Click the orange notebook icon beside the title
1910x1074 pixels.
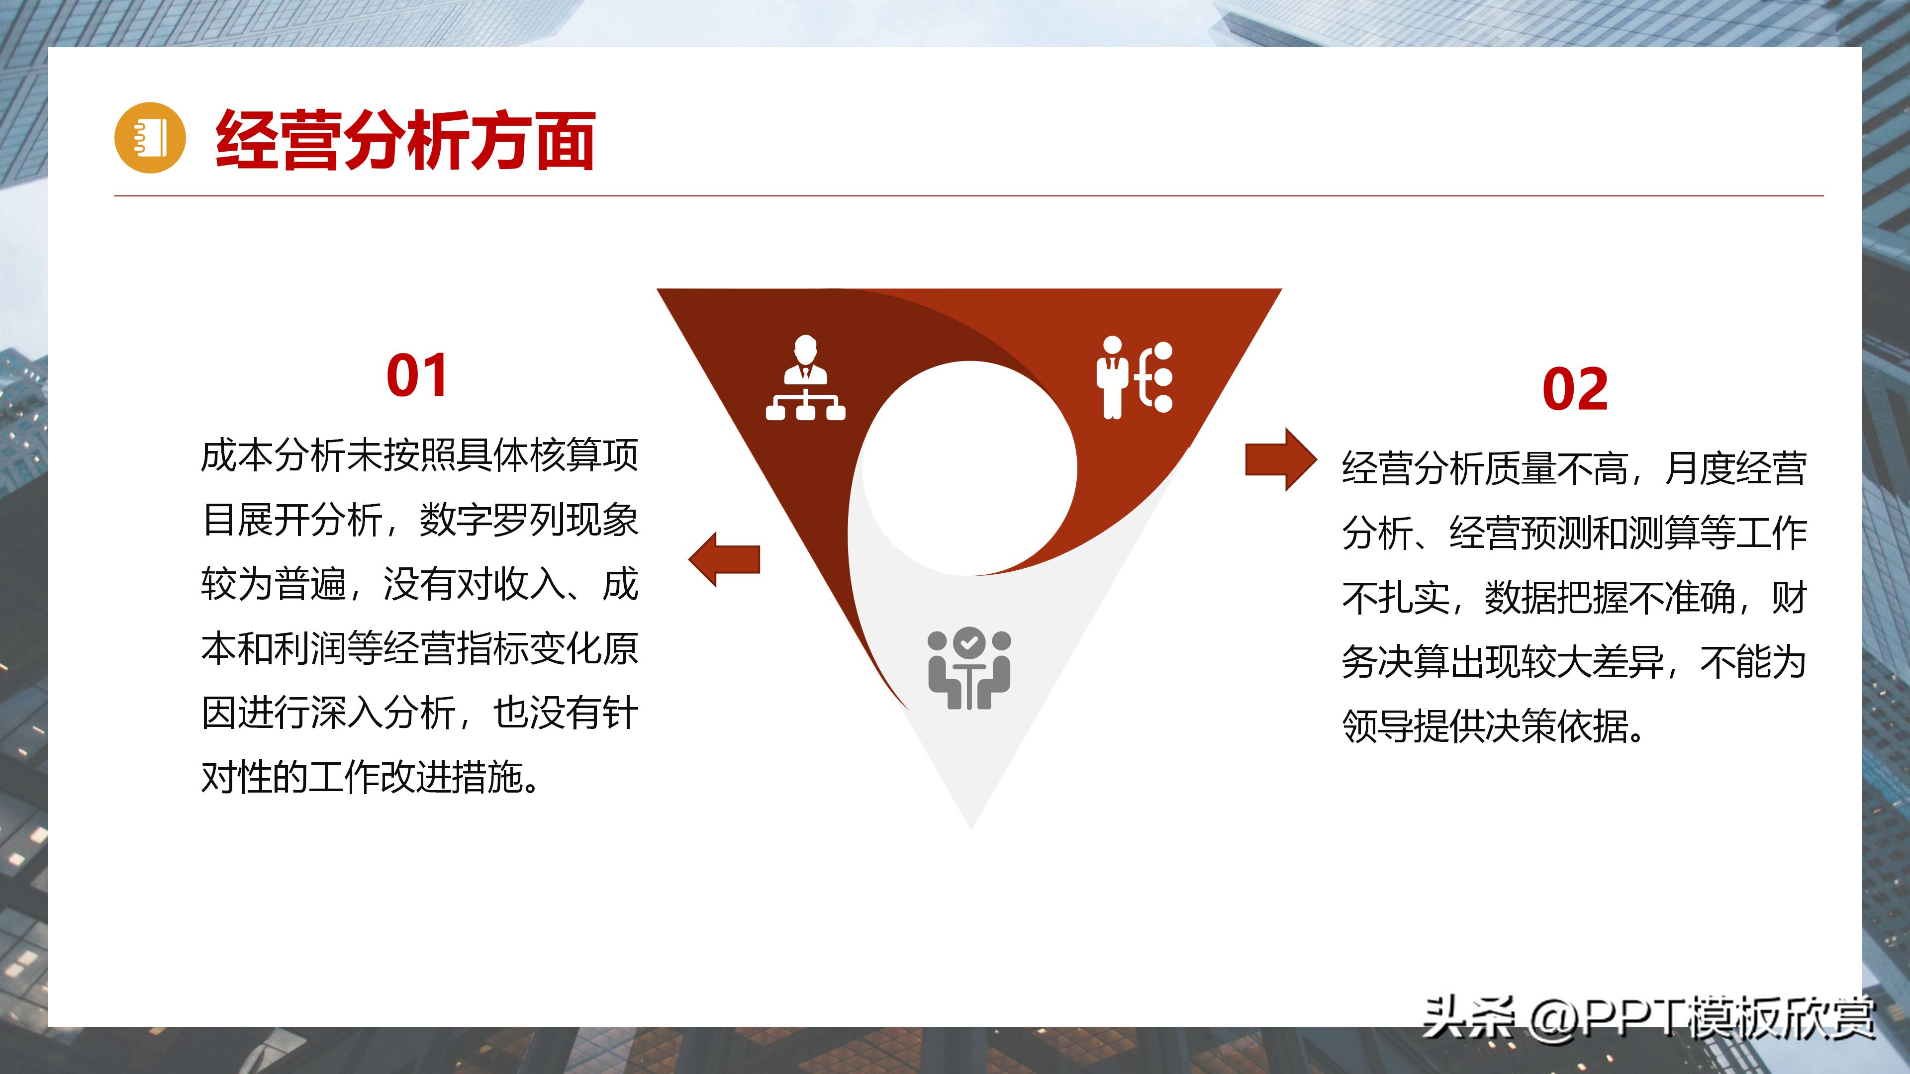(149, 138)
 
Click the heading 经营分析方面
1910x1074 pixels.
(405, 141)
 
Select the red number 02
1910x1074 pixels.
(1575, 388)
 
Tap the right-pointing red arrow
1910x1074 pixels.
(1280, 459)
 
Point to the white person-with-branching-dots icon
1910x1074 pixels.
(1135, 378)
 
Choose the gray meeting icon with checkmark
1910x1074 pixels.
(969, 669)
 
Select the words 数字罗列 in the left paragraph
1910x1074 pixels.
(491, 520)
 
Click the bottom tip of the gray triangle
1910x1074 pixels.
(970, 824)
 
